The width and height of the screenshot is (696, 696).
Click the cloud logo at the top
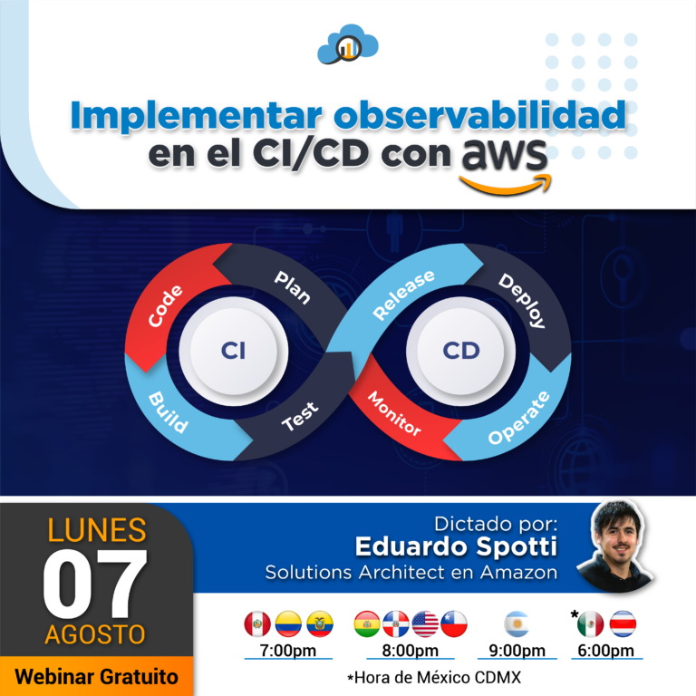(x=348, y=45)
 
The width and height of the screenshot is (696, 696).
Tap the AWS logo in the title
(x=505, y=164)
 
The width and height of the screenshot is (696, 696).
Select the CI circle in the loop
(x=233, y=351)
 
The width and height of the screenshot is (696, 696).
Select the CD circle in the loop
(x=460, y=351)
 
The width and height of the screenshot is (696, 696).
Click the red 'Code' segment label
(x=167, y=305)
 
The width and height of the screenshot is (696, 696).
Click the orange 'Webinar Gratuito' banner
(x=96, y=676)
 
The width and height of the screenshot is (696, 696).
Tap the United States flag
(x=425, y=623)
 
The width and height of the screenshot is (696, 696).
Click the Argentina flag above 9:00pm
(x=517, y=623)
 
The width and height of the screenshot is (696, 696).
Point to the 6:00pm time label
(x=605, y=651)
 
